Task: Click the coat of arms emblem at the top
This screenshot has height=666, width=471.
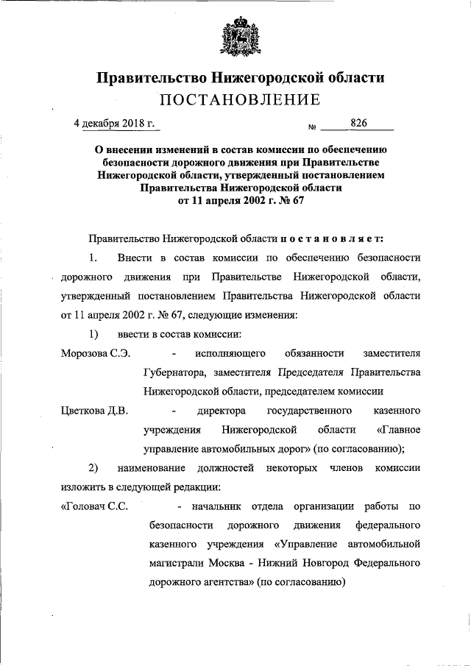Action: point(235,38)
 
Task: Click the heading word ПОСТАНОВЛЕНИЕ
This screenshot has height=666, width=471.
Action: point(235,99)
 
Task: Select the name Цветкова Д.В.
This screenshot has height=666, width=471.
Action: point(93,410)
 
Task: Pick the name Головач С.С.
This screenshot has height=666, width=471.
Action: point(96,506)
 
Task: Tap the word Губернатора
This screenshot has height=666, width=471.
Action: point(174,372)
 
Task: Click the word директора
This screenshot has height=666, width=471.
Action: point(221,410)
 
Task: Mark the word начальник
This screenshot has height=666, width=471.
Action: point(217,506)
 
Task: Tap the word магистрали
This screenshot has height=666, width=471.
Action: point(173,563)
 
